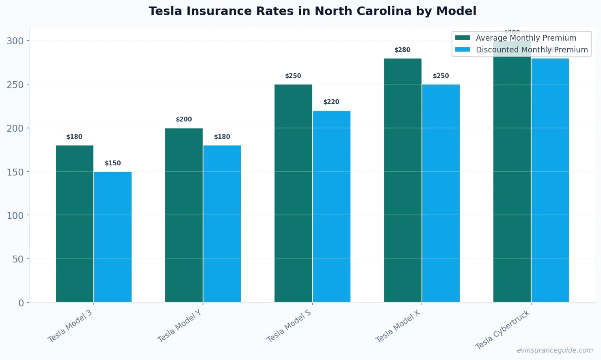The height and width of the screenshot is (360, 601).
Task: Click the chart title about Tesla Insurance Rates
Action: [312, 11]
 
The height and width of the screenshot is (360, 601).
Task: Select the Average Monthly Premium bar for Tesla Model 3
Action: [75, 223]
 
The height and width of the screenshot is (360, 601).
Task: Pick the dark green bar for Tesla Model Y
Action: [184, 215]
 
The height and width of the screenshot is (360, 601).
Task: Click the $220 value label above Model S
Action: [331, 102]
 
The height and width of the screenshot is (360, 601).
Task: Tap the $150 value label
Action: [113, 163]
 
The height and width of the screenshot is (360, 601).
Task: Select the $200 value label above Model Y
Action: [184, 119]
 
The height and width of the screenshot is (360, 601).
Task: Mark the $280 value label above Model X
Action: [402, 50]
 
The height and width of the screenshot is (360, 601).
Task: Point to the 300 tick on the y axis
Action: [15, 41]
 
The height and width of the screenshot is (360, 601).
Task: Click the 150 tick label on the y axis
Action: [15, 172]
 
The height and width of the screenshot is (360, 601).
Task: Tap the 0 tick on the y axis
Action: [21, 303]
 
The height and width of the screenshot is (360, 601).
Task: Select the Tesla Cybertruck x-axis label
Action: [503, 330]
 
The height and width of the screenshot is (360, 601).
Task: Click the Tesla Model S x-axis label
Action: [289, 325]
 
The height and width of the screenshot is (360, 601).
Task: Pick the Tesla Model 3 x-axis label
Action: [70, 326]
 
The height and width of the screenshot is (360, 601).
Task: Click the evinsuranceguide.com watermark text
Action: [554, 350]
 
